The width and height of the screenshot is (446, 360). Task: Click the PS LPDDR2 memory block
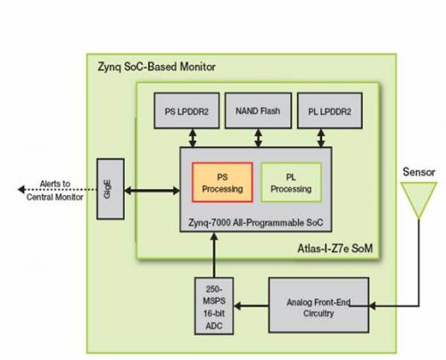click(186, 110)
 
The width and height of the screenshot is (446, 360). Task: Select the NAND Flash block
click(258, 110)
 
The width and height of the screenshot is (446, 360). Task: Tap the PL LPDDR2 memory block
click(330, 110)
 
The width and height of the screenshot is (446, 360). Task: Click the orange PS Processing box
click(222, 183)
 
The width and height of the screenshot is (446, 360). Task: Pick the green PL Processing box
click(292, 183)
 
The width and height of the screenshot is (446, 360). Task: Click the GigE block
click(111, 189)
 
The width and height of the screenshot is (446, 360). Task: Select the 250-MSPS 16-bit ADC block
click(214, 307)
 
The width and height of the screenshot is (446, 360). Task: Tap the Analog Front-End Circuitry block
click(318, 305)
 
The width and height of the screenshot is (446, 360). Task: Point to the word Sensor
click(418, 172)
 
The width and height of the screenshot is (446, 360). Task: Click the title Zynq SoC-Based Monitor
click(156, 67)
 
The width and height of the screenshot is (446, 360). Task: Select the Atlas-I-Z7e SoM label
click(335, 249)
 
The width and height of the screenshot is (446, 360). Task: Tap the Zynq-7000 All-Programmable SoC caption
click(256, 223)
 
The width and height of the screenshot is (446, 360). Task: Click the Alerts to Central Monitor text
click(55, 191)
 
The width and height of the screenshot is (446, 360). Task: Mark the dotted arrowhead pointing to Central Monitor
click(21, 189)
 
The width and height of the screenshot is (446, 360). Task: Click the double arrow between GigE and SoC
click(153, 191)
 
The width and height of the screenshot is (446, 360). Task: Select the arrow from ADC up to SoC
click(214, 255)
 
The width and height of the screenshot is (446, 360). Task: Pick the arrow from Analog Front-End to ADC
click(252, 306)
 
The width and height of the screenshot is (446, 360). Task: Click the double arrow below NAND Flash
click(258, 138)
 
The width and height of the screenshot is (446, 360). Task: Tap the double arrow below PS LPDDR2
click(193, 138)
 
